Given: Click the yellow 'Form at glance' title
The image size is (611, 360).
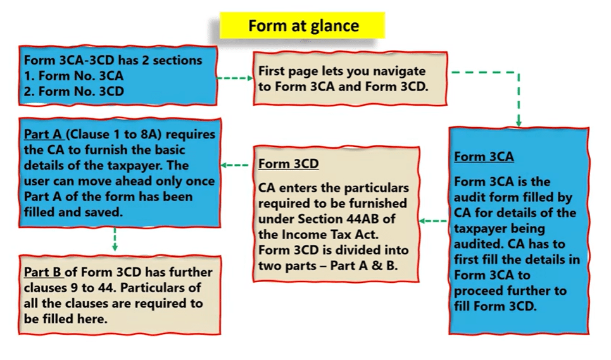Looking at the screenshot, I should click(303, 26).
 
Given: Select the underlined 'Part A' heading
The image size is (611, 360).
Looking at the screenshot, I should click(43, 135).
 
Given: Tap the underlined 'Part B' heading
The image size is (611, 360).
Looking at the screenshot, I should click(43, 273).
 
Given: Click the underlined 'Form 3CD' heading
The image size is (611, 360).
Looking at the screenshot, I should click(288, 164).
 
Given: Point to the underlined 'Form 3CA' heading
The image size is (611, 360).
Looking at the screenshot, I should click(484, 156).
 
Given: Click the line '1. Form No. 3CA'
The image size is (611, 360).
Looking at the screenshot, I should click(73, 76).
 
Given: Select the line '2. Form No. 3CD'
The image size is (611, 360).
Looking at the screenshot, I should click(73, 91).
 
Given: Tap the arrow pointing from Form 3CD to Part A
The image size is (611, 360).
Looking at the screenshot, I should click(235, 165).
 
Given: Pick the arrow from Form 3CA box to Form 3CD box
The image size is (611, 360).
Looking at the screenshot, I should click(434, 221).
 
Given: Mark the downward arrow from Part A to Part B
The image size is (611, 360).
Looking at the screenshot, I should click(114, 240).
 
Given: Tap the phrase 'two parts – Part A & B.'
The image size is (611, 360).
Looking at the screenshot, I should click(328, 265).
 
